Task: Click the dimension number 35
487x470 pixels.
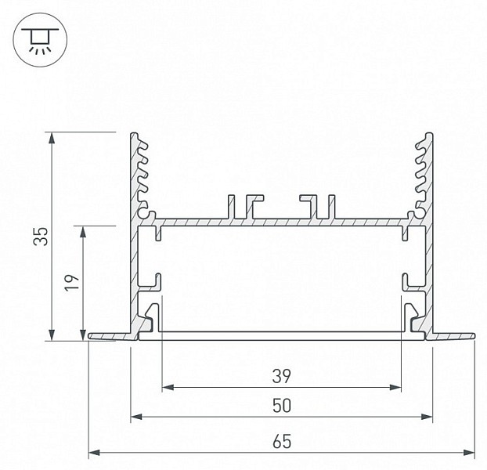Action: click(x=41, y=237)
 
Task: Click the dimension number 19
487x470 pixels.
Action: click(x=72, y=282)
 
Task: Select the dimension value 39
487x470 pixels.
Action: click(x=282, y=376)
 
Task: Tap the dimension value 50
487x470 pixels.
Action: click(x=282, y=406)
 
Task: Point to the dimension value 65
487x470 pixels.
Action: click(x=282, y=442)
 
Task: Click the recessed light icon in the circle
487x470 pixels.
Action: click(x=40, y=40)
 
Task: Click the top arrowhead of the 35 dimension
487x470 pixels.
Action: click(x=52, y=138)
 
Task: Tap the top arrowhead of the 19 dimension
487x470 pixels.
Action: click(x=83, y=232)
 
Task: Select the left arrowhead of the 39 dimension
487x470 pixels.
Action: click(x=168, y=387)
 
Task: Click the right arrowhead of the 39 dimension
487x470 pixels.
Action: click(x=395, y=387)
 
